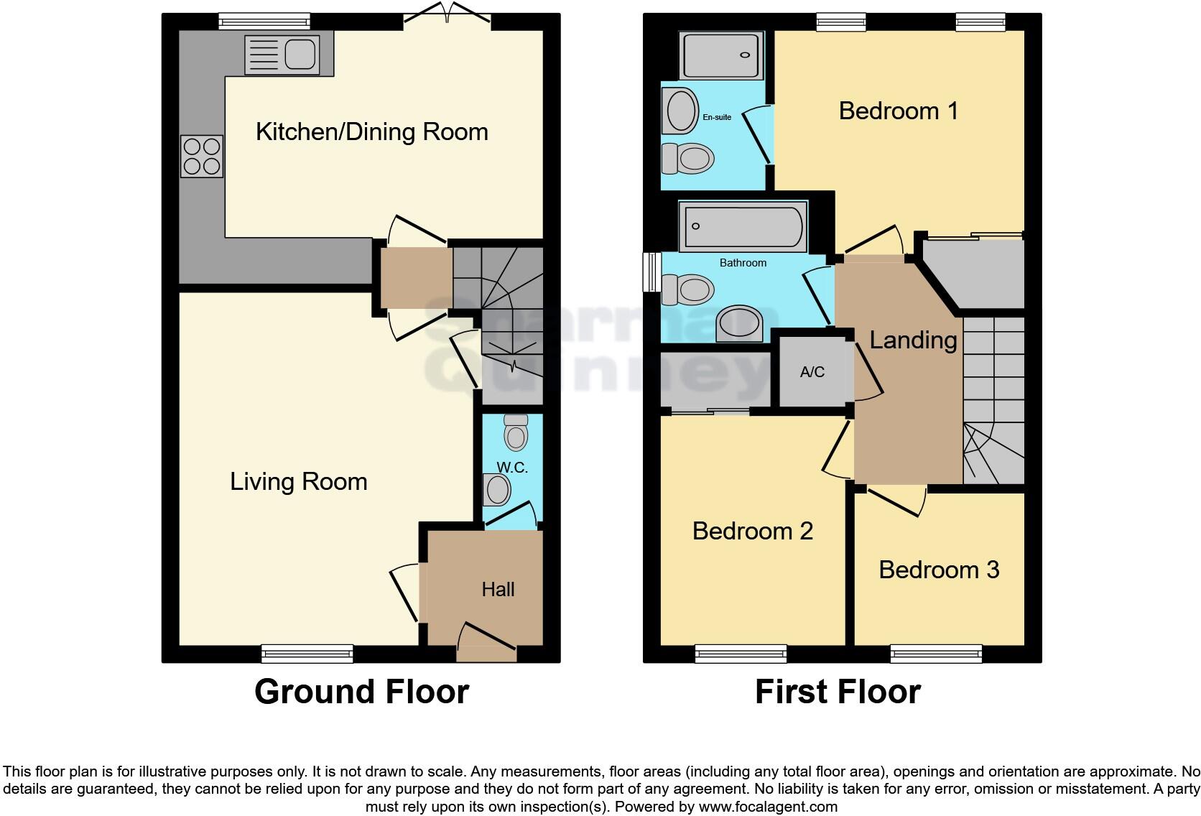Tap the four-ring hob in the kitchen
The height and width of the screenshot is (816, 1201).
(202, 157)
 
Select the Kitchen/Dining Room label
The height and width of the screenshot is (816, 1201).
(372, 131)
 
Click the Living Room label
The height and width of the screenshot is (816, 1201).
(299, 481)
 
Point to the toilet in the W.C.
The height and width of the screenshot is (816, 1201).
(516, 433)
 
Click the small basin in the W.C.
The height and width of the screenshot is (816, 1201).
(498, 490)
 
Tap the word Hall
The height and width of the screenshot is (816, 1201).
(498, 590)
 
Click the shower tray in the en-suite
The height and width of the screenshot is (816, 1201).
(720, 55)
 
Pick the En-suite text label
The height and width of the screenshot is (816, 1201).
(717, 117)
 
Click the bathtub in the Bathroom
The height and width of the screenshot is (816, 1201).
(743, 227)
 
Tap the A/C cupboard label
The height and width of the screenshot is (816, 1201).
(812, 372)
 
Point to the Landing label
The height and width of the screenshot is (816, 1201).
(913, 340)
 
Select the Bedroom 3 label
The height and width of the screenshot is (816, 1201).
(939, 570)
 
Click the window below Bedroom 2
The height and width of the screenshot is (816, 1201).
(741, 653)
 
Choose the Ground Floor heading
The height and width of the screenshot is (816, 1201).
(361, 692)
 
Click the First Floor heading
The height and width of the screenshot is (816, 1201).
(838, 692)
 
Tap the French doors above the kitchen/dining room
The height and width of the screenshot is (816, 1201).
(448, 16)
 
